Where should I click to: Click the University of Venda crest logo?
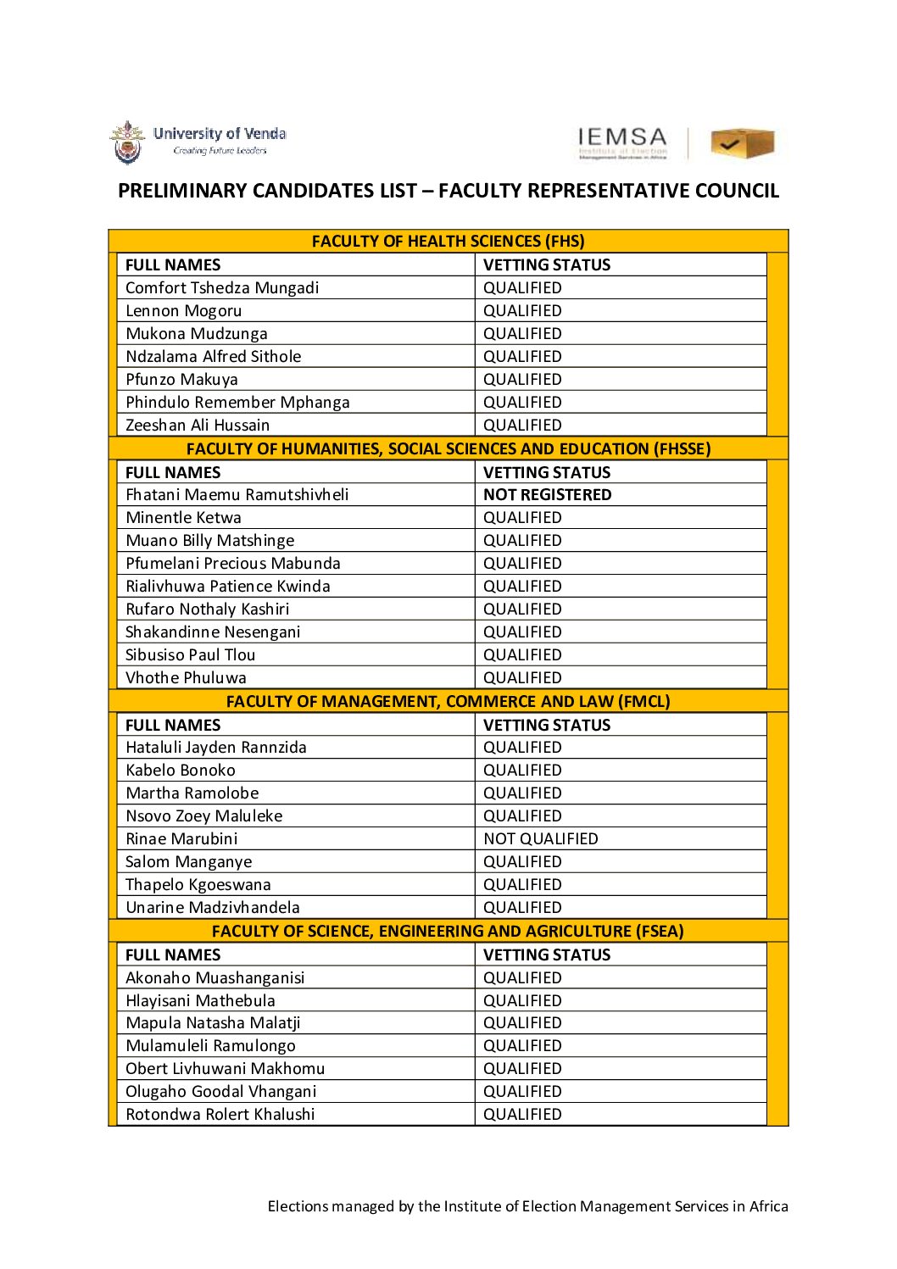pyautogui.click(x=127, y=142)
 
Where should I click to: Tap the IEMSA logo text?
pyautogui.click(x=622, y=139)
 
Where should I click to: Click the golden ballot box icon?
pyautogui.click(x=742, y=143)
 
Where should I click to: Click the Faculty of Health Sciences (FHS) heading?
pyautogui.click(x=448, y=242)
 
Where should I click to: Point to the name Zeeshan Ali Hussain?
pyautogui.click(x=198, y=426)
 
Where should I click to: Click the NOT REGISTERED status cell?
pyautogui.click(x=547, y=495)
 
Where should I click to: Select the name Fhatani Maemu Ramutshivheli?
pyautogui.click(x=237, y=495)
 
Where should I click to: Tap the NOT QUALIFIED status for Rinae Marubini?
pyautogui.click(x=540, y=839)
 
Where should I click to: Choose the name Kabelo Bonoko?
pyautogui.click(x=181, y=771)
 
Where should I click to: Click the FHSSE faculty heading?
pyautogui.click(x=448, y=449)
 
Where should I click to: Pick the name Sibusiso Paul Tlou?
pyautogui.click(x=190, y=655)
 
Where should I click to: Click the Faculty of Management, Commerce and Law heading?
pyautogui.click(x=448, y=702)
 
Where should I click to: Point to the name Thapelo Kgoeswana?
pyautogui.click(x=198, y=885)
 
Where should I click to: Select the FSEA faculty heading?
pyautogui.click(x=448, y=932)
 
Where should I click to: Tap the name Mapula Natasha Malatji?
pyautogui.click(x=213, y=1023)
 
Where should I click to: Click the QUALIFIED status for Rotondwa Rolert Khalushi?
pyautogui.click(x=522, y=1115)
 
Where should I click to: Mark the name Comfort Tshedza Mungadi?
pyautogui.click(x=222, y=288)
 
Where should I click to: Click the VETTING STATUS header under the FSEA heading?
pyautogui.click(x=547, y=955)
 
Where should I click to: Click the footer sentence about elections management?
pyautogui.click(x=527, y=1206)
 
